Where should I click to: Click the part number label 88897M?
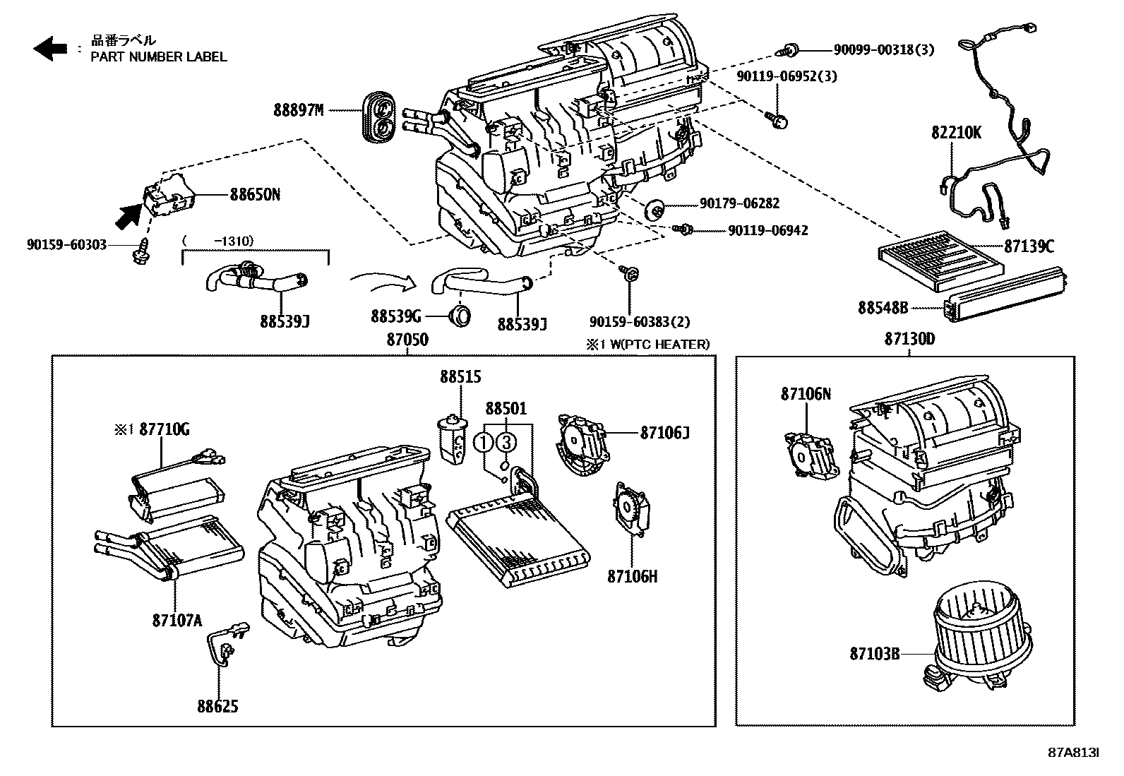(299, 110)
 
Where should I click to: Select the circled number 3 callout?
(506, 443)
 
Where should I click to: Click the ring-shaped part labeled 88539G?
(460, 316)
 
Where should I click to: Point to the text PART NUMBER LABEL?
(159, 56)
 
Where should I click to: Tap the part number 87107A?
(177, 620)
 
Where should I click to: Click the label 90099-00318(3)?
(883, 49)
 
